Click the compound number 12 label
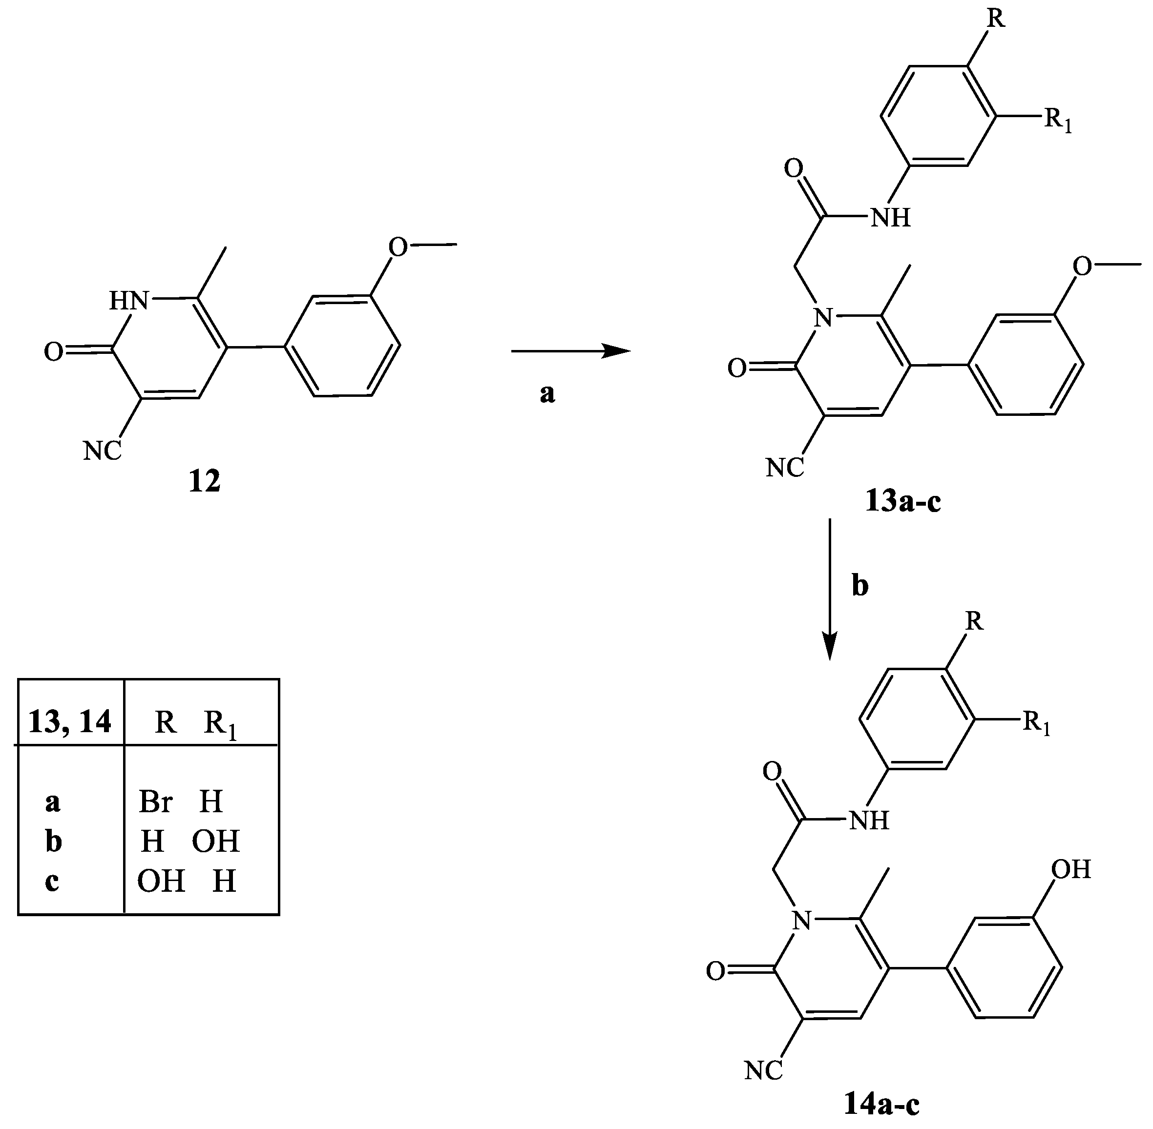point(205,481)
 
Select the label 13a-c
point(902,502)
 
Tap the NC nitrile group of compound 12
point(103,451)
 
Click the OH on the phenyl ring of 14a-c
point(1071,869)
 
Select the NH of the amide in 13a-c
point(890,218)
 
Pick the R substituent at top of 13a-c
point(996,19)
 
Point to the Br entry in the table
point(155,801)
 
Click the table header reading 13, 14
point(70,722)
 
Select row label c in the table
point(52,881)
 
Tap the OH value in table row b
point(216,841)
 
